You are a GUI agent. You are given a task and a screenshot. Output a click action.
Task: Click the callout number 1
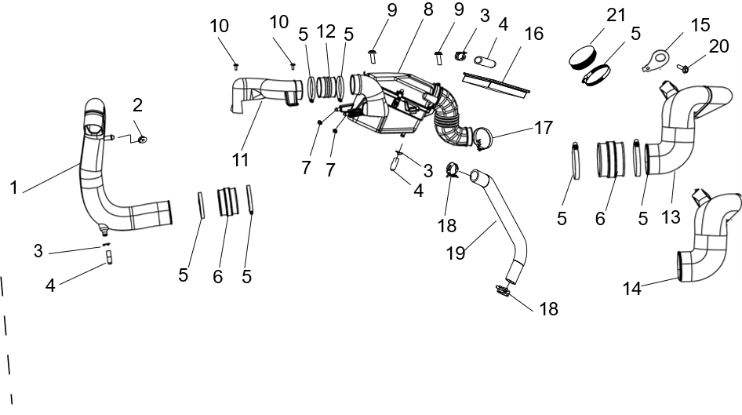tap(13, 187)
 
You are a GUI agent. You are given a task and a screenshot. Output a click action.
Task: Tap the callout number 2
tap(137, 105)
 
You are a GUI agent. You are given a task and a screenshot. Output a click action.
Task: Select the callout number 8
tap(428, 9)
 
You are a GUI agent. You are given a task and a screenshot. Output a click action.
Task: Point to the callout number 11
tap(240, 160)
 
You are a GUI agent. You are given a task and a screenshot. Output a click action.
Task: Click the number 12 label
tap(326, 31)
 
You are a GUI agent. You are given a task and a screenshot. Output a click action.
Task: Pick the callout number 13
tap(671, 217)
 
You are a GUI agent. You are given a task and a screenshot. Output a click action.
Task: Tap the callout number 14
tap(632, 288)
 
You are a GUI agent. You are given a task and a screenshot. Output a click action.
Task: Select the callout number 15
tap(701, 25)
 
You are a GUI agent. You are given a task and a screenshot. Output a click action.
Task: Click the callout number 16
tap(534, 34)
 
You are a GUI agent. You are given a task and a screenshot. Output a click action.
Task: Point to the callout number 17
tap(544, 127)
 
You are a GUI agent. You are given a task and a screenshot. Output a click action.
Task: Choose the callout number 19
tap(456, 253)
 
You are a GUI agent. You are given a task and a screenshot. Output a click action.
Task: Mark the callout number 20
tap(718, 46)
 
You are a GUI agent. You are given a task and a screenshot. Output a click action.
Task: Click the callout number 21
tap(617, 15)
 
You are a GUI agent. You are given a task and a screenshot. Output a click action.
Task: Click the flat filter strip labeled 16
tap(496, 83)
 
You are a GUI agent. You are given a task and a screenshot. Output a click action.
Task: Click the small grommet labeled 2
tap(141, 139)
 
